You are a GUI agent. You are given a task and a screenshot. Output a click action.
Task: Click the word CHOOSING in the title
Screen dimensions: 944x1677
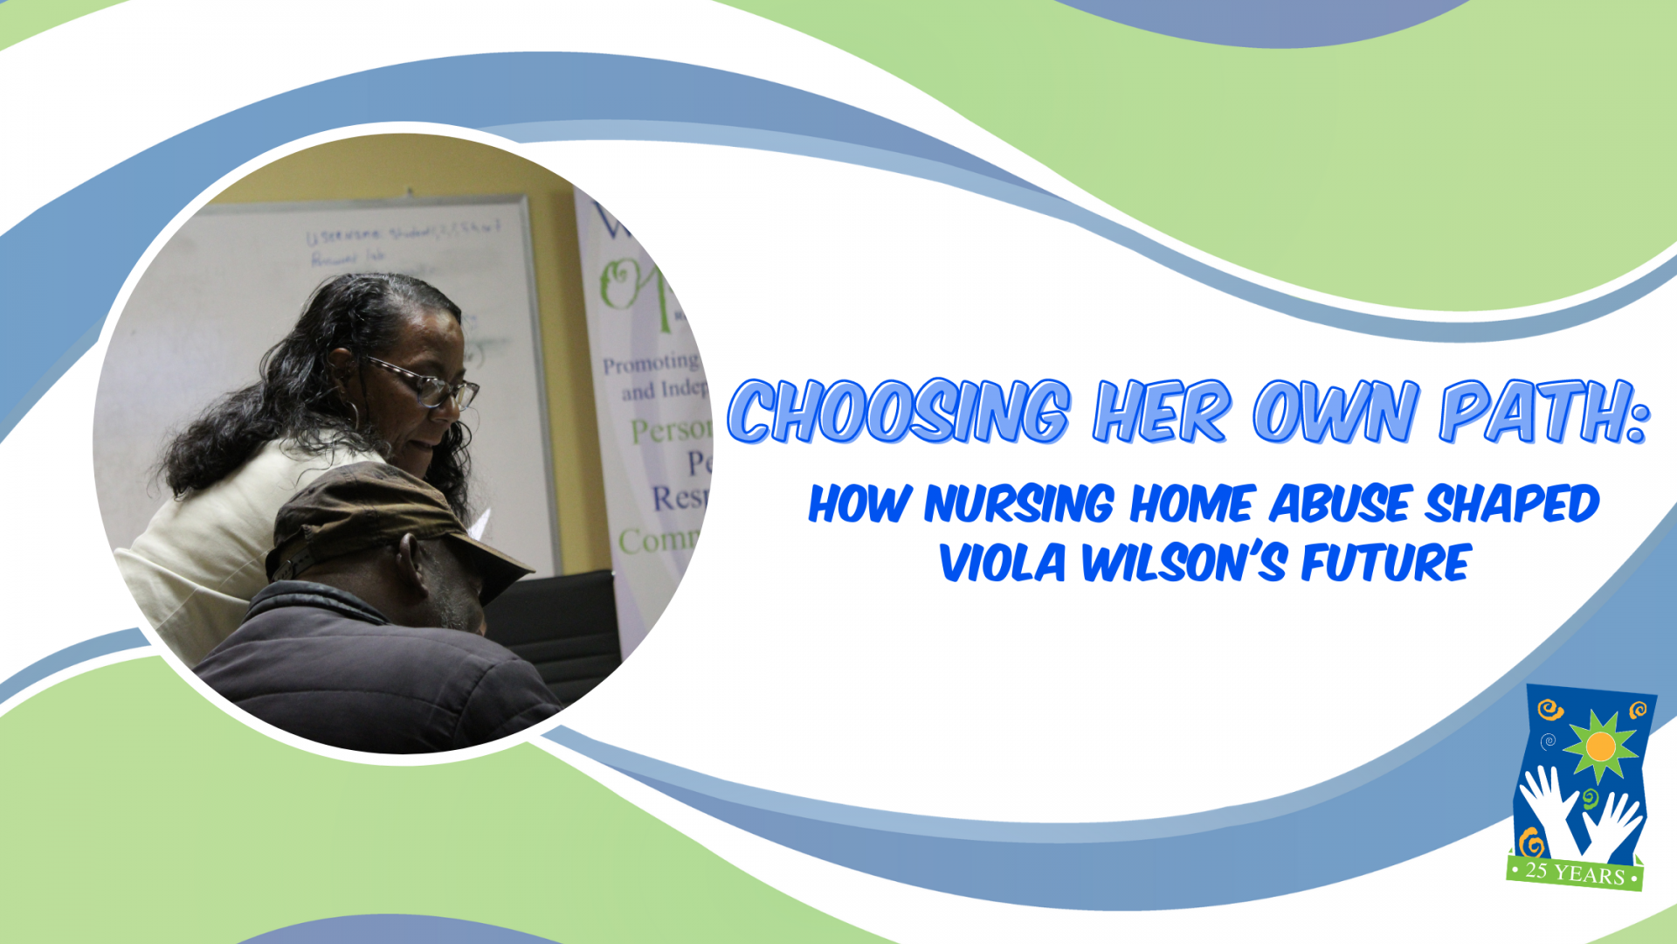899,412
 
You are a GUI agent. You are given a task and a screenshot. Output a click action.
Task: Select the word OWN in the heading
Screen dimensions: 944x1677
1335,412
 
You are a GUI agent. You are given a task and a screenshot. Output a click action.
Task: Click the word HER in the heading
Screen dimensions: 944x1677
1163,412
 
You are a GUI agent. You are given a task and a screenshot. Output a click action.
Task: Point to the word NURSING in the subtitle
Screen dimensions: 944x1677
1018,504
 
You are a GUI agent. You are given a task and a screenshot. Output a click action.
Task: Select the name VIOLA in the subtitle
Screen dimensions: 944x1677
1003,563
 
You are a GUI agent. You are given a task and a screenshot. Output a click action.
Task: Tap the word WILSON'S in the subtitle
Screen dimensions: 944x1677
1184,563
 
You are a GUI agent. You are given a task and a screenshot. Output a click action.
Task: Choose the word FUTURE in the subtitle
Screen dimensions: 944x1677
1386,563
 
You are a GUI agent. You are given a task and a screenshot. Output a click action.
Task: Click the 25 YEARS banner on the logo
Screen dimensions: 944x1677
1575,872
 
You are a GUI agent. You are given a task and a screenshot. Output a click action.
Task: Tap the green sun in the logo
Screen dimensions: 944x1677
1600,746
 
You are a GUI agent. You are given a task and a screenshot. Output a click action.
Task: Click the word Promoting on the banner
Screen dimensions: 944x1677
651,363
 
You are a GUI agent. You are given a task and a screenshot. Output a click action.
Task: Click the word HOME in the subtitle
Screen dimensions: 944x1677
1196,504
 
